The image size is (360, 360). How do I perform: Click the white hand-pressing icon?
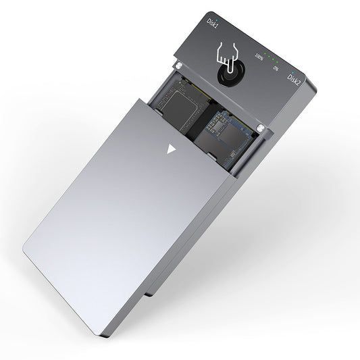[228, 61]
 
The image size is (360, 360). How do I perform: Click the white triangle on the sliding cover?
[170, 149]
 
